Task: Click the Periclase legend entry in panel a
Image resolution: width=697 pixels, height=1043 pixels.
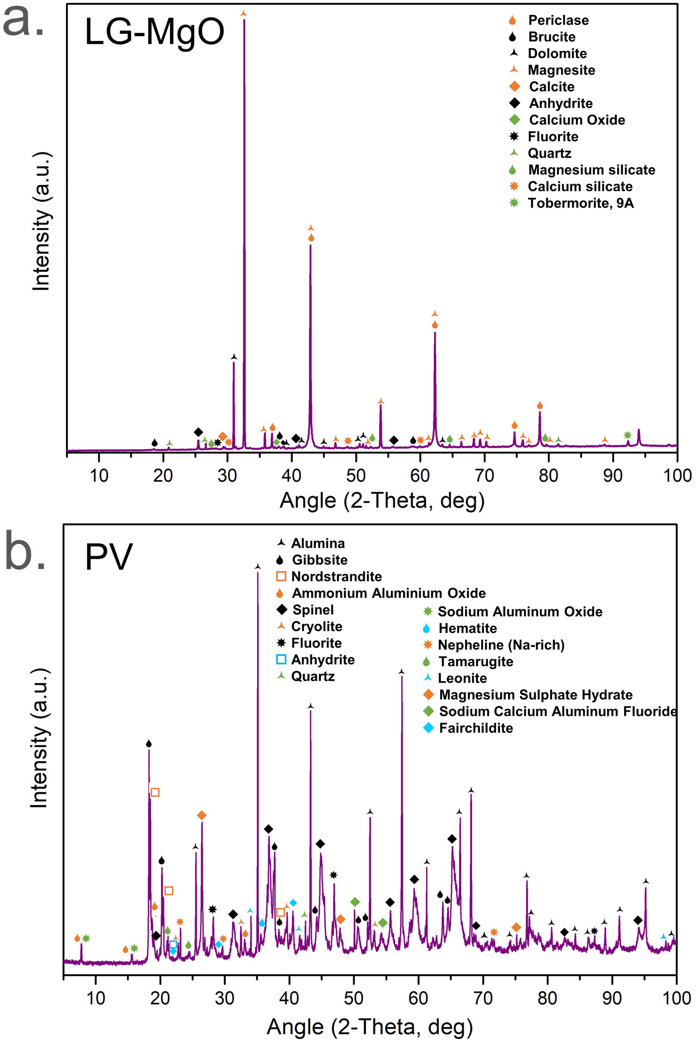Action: point(558,20)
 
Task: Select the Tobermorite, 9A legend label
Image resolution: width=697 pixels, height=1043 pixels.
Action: point(580,203)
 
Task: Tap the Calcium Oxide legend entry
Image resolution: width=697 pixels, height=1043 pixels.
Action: point(577,120)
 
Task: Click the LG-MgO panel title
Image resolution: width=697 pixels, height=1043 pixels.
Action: point(154,32)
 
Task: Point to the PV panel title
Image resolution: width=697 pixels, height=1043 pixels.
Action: point(109,557)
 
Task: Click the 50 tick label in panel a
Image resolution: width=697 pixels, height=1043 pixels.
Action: point(356,475)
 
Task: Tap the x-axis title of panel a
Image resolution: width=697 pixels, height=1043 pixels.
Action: point(382,500)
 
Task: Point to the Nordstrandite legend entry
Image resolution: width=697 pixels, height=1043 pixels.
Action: point(336,576)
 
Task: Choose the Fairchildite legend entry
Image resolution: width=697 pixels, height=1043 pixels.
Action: point(476,728)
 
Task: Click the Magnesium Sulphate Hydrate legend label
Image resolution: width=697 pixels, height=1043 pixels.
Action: point(535,695)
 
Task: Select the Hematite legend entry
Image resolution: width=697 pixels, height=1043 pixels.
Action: point(467,628)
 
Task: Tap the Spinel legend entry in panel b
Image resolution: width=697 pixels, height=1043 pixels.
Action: point(313,610)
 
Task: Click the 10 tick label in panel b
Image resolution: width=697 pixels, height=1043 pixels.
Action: point(96,998)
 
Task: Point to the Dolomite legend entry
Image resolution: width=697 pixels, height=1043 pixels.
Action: point(557,53)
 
